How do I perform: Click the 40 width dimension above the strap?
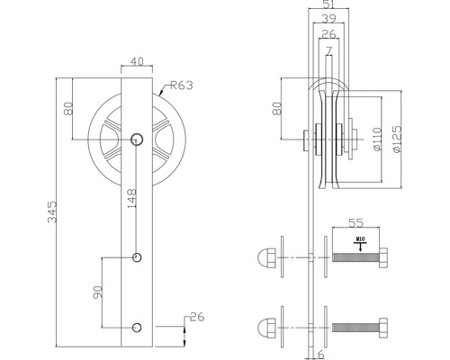[137, 61]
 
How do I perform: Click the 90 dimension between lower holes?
[97, 292]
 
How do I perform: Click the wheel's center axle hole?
[137, 139]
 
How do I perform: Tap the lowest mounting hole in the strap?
[137, 326]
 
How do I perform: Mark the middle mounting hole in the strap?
[137, 258]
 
